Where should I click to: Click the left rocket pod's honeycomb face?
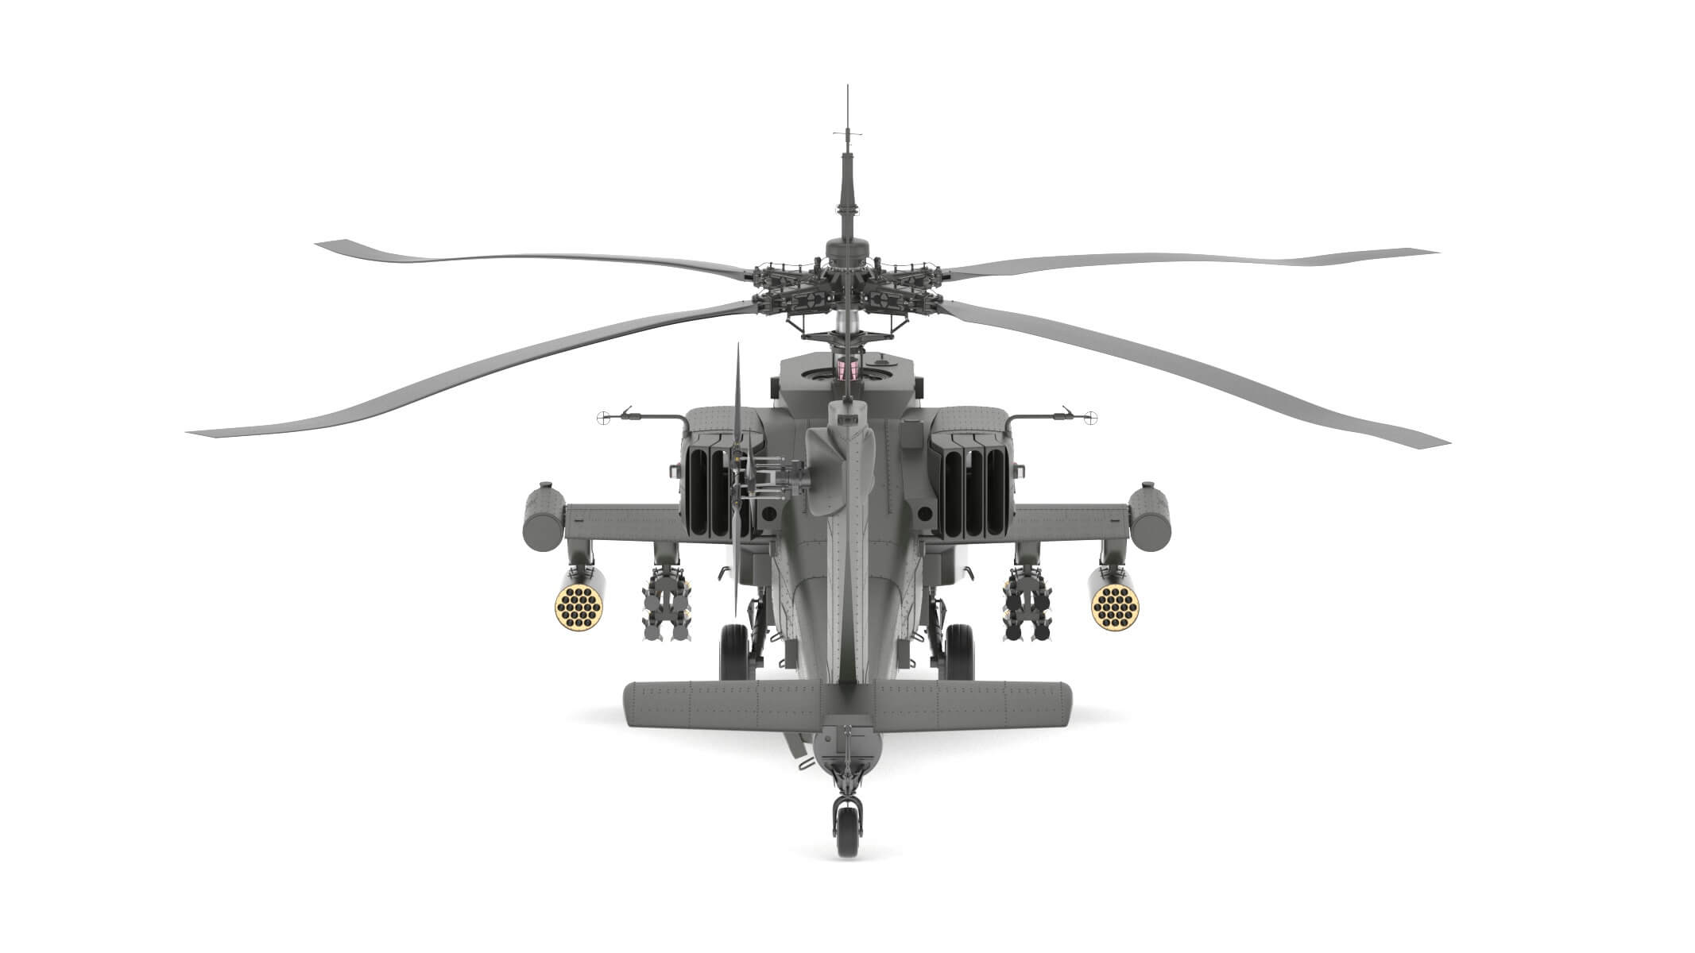[579, 608]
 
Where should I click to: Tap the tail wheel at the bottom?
[847, 828]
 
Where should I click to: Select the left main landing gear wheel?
[734, 651]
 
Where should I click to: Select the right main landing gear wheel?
[959, 651]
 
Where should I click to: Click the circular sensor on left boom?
[602, 416]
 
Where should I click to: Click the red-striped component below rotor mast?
[847, 368]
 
